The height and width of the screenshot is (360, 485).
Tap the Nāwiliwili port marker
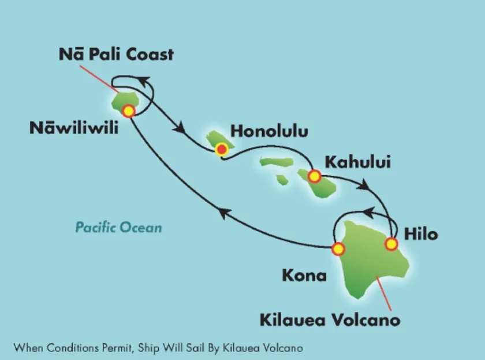coord(128,110)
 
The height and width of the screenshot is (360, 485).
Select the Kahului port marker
coord(314,176)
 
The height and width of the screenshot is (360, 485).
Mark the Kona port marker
coord(338,249)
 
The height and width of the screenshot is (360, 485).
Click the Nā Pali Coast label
coord(116,55)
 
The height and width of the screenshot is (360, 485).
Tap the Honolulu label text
coord(269,132)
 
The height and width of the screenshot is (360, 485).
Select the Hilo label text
coord(420,234)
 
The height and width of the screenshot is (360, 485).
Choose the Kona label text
coord(304,276)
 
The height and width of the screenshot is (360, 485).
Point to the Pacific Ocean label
coord(118,227)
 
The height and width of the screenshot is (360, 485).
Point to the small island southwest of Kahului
coord(282,180)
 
